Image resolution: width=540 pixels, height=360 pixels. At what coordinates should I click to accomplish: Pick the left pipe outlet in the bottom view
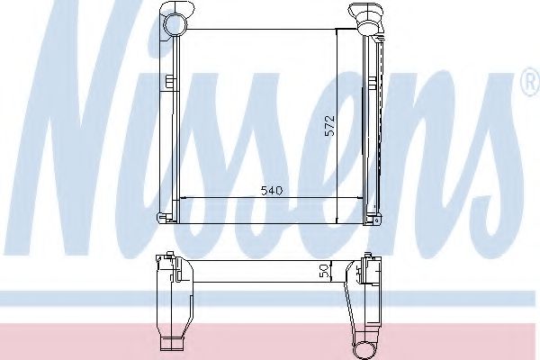(169, 343)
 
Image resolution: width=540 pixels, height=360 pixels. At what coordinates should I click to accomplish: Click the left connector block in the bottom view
(166, 267)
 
